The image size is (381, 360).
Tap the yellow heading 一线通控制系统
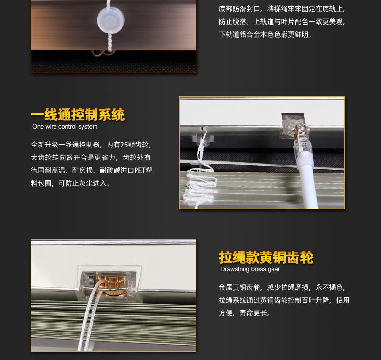point(78,115)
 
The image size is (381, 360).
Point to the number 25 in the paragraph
point(124,145)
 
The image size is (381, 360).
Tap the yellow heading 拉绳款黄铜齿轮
point(266,257)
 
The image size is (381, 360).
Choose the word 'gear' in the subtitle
point(274,270)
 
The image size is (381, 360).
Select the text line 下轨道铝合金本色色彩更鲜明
point(265,35)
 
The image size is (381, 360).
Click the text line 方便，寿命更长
point(245,313)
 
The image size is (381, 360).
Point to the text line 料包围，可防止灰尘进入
point(70,183)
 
